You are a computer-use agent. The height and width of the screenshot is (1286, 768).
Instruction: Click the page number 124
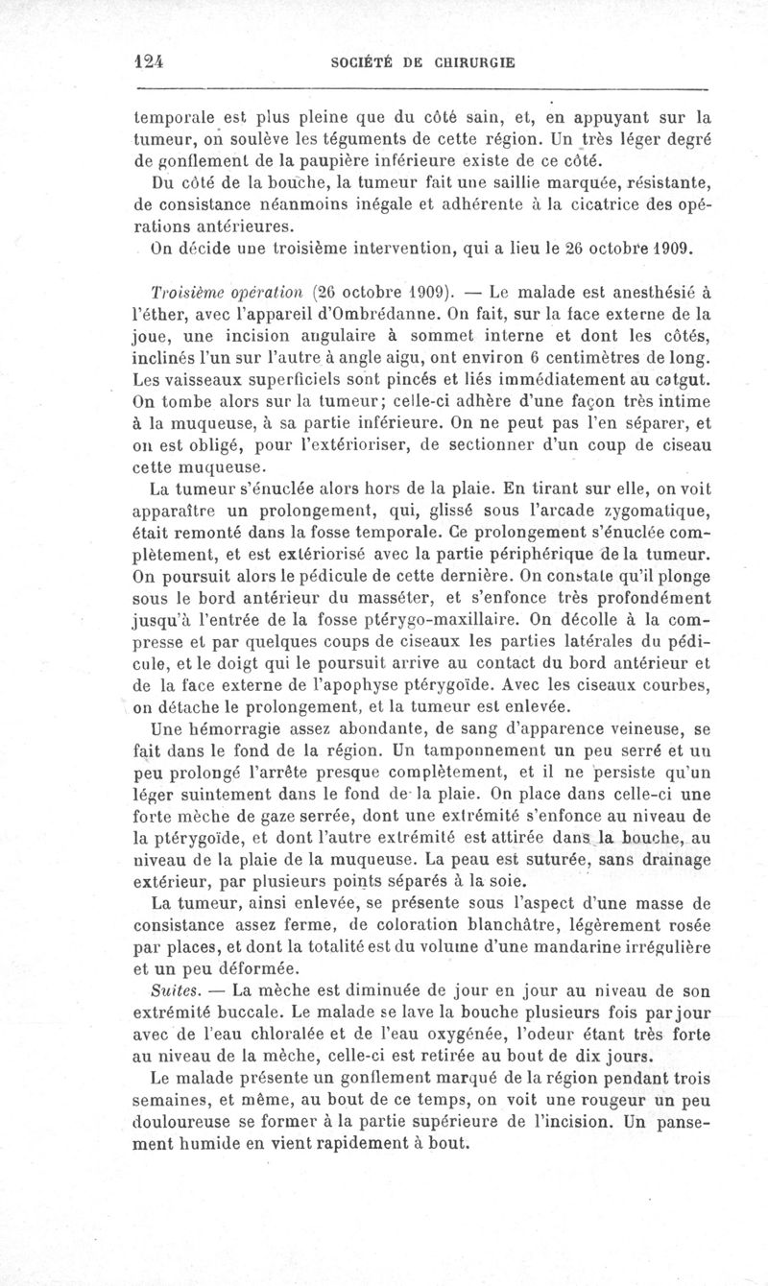point(150,60)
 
